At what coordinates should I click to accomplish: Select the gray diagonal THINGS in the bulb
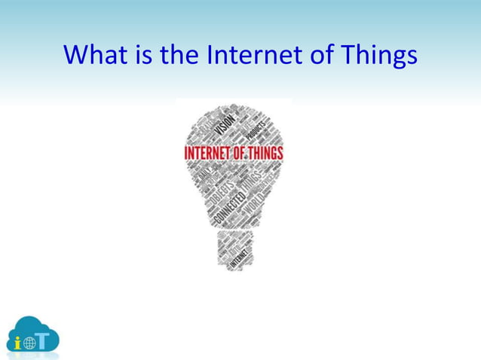(x=253, y=182)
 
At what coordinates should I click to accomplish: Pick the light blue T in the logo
(x=46, y=340)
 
